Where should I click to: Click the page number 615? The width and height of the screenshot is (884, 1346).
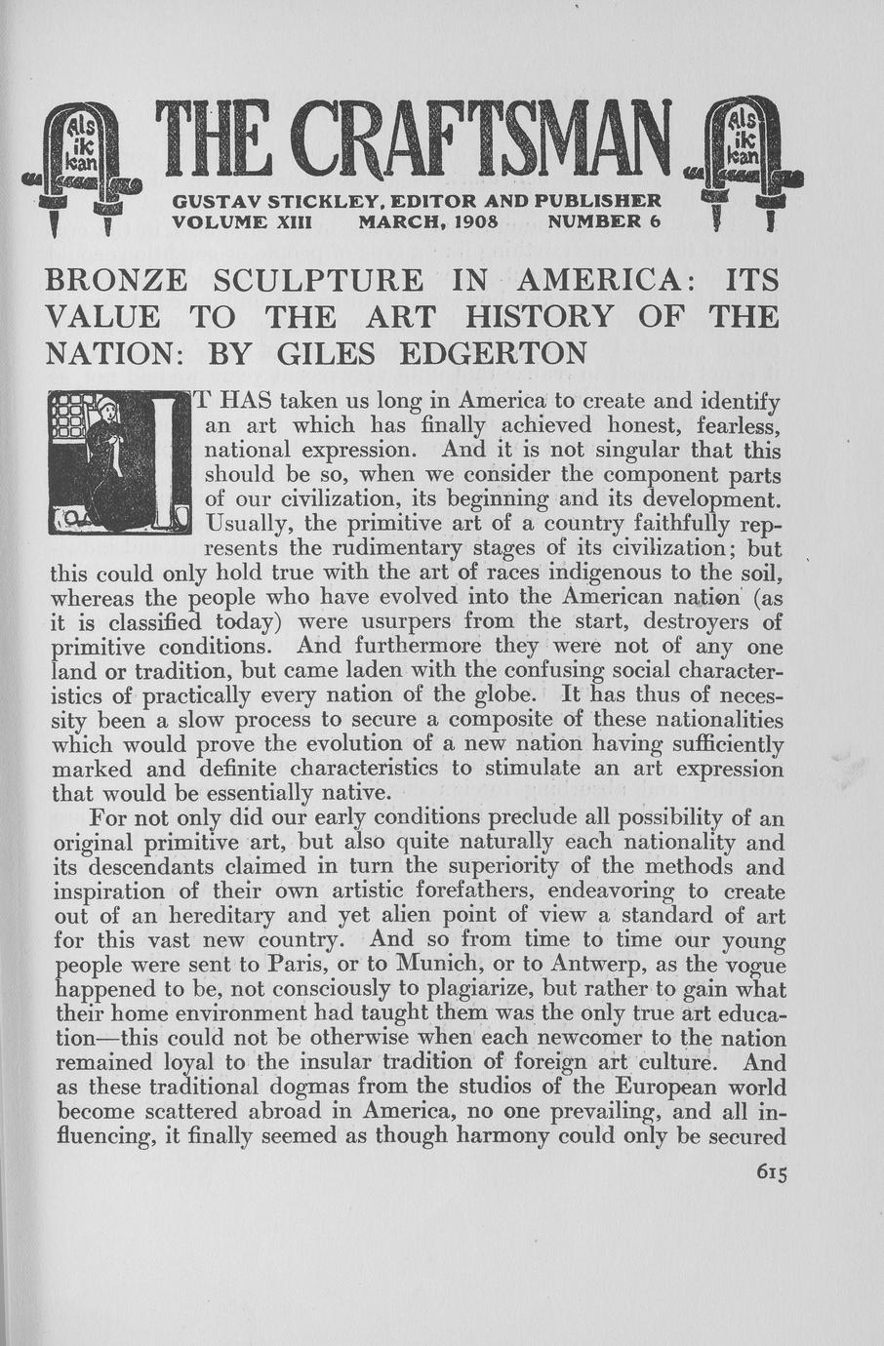click(770, 1172)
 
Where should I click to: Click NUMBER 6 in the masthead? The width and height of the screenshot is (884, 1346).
click(605, 222)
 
